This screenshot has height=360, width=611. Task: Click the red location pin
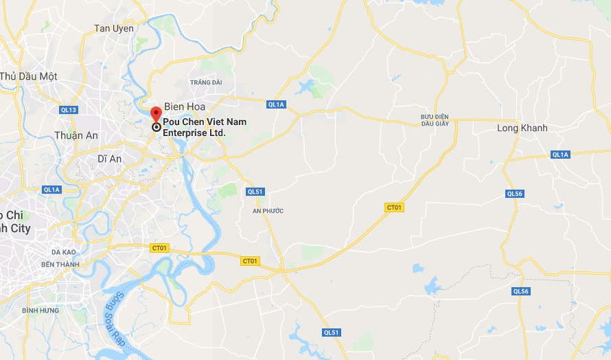point(156,113)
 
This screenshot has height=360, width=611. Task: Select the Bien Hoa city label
point(184,106)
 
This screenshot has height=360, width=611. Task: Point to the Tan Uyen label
point(114,28)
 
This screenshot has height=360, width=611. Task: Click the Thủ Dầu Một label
point(28,76)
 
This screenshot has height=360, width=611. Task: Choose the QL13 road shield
point(69,110)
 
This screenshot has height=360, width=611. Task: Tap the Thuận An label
point(76,135)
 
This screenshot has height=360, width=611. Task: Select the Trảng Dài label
point(207,82)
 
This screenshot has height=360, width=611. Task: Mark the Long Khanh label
point(522,128)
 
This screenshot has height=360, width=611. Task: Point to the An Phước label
point(268,211)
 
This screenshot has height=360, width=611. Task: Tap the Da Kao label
point(63,252)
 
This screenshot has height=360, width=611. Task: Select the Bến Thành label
point(60,265)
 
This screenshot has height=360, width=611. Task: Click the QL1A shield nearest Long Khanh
point(560,155)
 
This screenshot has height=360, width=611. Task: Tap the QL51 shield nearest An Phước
point(255,192)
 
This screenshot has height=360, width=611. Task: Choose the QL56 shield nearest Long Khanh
point(515,194)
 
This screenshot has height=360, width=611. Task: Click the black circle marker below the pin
point(156,126)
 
